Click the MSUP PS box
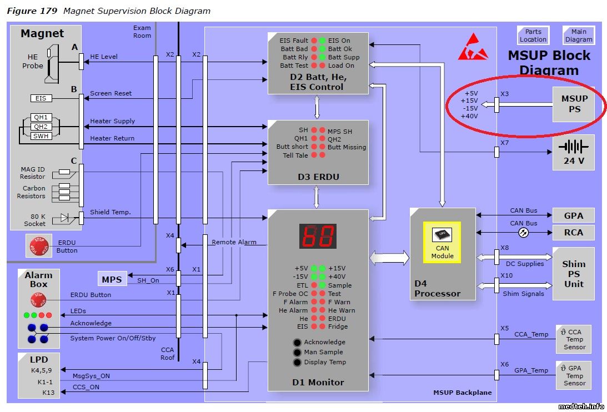point(574,104)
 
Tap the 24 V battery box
point(574,152)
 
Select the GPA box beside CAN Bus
point(573,215)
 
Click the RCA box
point(573,232)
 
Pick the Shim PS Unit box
point(573,274)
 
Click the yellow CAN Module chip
point(442,242)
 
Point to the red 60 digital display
point(318,236)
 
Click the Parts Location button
point(533,36)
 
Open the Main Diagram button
point(579,36)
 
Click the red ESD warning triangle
point(473,48)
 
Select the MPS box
point(112,278)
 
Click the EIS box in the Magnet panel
point(41,98)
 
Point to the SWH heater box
point(41,135)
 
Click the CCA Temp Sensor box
point(573,339)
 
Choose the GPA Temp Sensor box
point(573,375)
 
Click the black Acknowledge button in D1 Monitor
point(298,342)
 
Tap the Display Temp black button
point(298,362)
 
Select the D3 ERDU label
point(318,177)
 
